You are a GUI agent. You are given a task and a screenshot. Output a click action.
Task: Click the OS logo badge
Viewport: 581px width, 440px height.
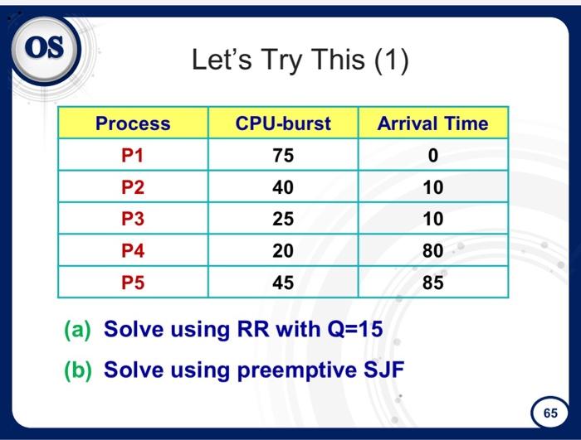click(x=46, y=47)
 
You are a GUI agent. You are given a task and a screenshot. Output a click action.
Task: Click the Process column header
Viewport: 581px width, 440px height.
click(x=133, y=123)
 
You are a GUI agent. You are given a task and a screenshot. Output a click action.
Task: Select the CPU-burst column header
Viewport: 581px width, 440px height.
click(x=283, y=123)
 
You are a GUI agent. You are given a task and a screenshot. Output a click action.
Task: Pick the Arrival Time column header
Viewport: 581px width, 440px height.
click(x=432, y=123)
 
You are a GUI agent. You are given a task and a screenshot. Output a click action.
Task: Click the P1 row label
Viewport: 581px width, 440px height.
click(x=133, y=156)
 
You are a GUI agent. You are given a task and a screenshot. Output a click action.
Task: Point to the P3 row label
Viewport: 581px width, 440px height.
click(x=133, y=220)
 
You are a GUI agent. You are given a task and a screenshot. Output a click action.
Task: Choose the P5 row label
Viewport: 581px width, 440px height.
click(x=133, y=283)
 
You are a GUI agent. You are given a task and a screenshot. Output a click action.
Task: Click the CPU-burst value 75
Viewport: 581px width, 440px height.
click(x=283, y=156)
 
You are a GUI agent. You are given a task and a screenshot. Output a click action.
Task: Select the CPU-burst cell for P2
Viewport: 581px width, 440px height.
click(x=283, y=187)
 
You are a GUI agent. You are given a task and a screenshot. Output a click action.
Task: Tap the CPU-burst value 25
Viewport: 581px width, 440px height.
click(x=283, y=220)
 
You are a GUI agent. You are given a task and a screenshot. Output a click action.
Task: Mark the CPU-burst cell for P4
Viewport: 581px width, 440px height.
click(x=283, y=251)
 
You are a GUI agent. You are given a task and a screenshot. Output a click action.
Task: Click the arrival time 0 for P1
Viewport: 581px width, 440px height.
click(x=432, y=156)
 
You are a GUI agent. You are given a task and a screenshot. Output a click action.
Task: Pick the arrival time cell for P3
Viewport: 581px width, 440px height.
click(x=432, y=220)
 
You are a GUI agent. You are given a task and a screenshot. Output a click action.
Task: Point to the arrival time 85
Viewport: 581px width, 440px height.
click(x=432, y=283)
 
